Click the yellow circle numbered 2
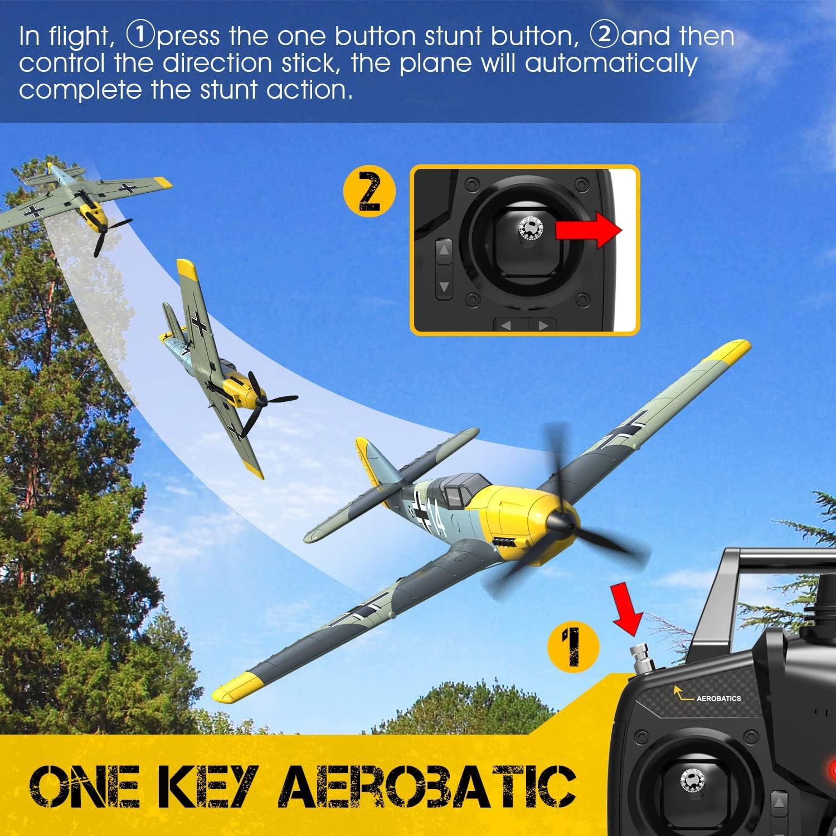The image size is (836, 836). click(x=370, y=192)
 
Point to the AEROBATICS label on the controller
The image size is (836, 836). click(x=718, y=698)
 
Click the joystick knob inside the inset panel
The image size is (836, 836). click(x=529, y=227)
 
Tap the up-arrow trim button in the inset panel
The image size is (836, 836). click(x=444, y=251)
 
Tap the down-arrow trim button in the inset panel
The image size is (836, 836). click(x=444, y=286)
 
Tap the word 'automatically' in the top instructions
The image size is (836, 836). click(x=611, y=63)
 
